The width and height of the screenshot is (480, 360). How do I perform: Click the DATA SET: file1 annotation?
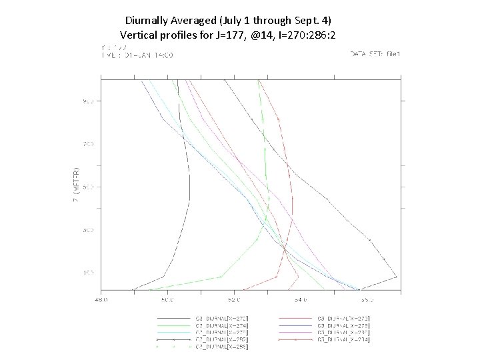tap(375, 53)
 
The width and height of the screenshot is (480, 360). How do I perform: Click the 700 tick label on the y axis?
tap(88, 144)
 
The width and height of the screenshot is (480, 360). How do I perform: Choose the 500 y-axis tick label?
tap(88, 187)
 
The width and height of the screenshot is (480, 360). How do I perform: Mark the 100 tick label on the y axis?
tap(88, 273)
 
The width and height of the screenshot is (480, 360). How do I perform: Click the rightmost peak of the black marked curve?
tap(397, 276)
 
